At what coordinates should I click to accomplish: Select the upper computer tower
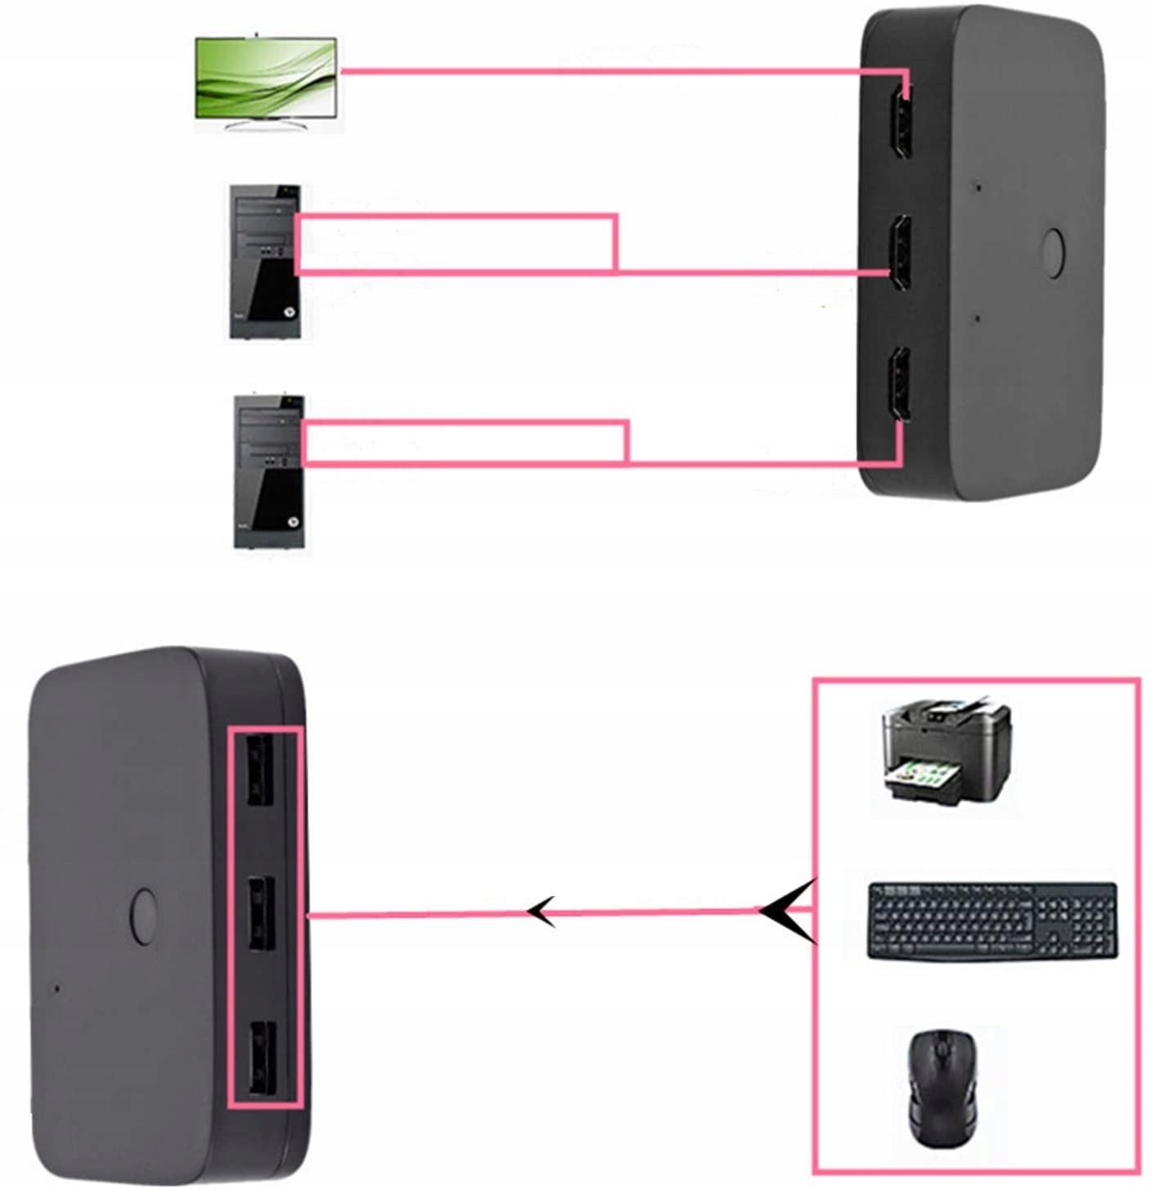click(x=265, y=261)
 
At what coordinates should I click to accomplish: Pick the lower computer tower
click(x=269, y=471)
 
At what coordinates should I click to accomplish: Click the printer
click(x=946, y=750)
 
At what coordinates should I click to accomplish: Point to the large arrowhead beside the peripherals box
click(x=787, y=911)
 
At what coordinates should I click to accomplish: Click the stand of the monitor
click(x=265, y=124)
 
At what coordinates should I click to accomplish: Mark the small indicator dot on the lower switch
click(x=56, y=988)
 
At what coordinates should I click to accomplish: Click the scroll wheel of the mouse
click(x=941, y=1049)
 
